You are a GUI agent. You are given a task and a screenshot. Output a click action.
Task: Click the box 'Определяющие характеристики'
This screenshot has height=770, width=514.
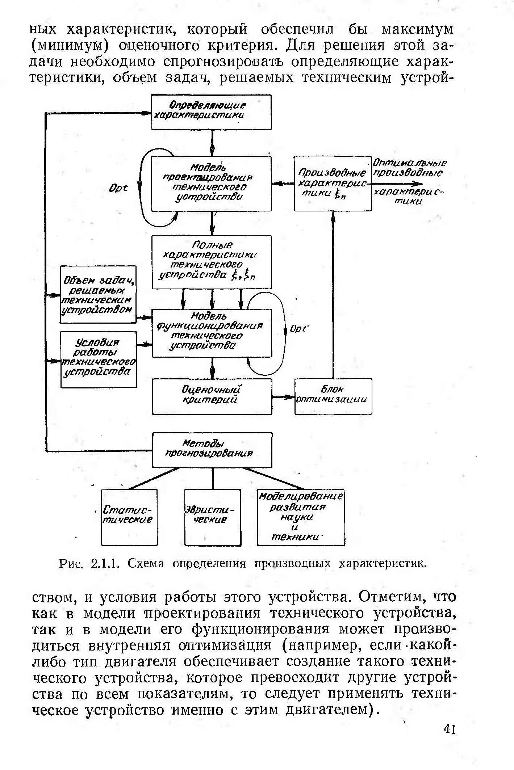pyautogui.click(x=211, y=112)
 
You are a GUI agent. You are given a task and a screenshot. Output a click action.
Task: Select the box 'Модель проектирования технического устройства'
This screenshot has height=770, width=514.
pyautogui.click(x=211, y=184)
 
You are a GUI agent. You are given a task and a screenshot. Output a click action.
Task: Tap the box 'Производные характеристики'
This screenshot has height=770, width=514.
pyautogui.click(x=333, y=184)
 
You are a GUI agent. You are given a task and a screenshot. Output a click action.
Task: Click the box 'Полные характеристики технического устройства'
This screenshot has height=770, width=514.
pyautogui.click(x=212, y=262)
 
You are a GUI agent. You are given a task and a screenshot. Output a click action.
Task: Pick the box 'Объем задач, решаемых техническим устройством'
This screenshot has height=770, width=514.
pyautogui.click(x=98, y=294)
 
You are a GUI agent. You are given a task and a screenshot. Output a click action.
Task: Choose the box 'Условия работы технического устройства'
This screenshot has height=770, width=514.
pyautogui.click(x=99, y=359)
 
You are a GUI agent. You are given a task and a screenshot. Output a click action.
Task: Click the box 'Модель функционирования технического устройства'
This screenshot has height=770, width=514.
pyautogui.click(x=212, y=333)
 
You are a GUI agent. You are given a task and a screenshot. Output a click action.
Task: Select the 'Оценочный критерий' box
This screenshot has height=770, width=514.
pyautogui.click(x=212, y=396)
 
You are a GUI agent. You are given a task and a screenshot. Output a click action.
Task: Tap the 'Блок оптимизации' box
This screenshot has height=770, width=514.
pyautogui.click(x=333, y=396)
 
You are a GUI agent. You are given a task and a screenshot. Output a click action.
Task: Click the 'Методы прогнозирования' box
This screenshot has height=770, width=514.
pyautogui.click(x=212, y=450)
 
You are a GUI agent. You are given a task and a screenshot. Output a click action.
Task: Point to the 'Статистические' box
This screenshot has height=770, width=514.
pyautogui.click(x=129, y=517)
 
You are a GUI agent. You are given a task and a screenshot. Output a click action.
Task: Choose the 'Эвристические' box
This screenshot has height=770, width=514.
pyautogui.click(x=212, y=517)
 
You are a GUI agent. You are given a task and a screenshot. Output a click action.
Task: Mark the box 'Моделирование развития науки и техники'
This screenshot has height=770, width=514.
pyautogui.click(x=301, y=517)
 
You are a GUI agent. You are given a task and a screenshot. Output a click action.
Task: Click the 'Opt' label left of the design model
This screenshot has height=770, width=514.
pyautogui.click(x=118, y=189)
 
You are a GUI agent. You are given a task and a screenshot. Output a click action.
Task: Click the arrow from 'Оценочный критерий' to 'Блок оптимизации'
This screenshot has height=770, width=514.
pyautogui.click(x=283, y=397)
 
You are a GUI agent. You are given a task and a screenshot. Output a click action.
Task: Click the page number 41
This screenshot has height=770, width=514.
pyautogui.click(x=449, y=729)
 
